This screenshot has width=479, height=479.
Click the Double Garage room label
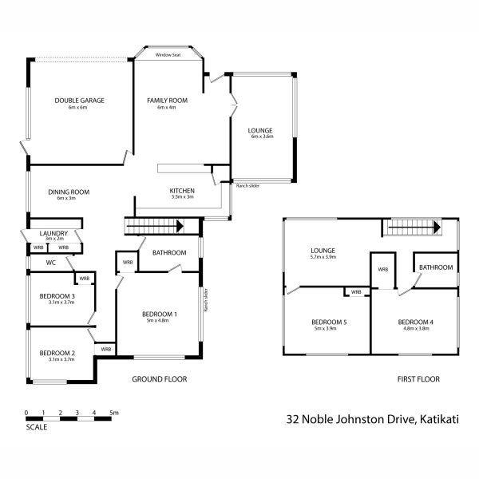(80, 101)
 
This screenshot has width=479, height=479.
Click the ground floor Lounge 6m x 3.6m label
(260, 131)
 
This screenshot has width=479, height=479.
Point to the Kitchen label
(182, 191)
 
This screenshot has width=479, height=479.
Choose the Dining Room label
(68, 192)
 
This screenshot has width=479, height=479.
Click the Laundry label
(53, 233)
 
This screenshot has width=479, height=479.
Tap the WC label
(50, 262)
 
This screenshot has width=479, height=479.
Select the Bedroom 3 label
(57, 296)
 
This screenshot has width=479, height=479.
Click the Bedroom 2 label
(57, 353)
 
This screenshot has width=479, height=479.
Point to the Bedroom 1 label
(160, 314)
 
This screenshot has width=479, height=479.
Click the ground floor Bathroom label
(169, 253)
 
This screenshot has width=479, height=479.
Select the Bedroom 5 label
(328, 323)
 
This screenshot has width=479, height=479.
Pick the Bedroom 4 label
(416, 323)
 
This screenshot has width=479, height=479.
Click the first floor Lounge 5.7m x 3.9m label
(323, 251)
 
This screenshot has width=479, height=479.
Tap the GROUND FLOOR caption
(160, 379)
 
